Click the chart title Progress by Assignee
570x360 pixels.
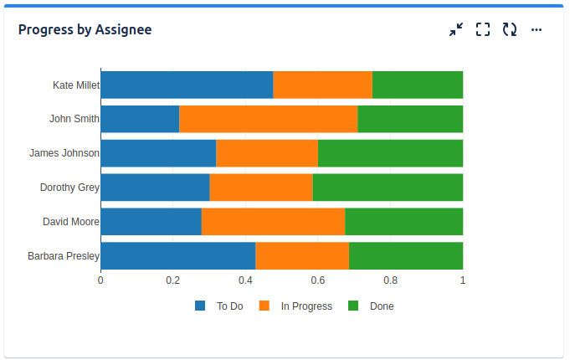85,30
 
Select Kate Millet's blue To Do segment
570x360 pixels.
187,85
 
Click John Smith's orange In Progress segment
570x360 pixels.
269,119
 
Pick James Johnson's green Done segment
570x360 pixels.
390,153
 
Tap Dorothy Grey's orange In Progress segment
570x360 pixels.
261,188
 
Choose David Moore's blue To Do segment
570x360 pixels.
151,222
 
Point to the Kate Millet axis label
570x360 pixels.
76,85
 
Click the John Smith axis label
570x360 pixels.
74,119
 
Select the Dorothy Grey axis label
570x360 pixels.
69,188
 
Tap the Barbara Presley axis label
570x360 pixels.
64,256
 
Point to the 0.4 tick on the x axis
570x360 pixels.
245,280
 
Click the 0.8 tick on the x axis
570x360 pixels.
391,280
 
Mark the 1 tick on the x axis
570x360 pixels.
463,280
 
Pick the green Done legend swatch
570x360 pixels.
353,306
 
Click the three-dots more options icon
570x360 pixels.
537,30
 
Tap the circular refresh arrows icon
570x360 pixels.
510,30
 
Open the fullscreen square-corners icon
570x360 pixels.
483,30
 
